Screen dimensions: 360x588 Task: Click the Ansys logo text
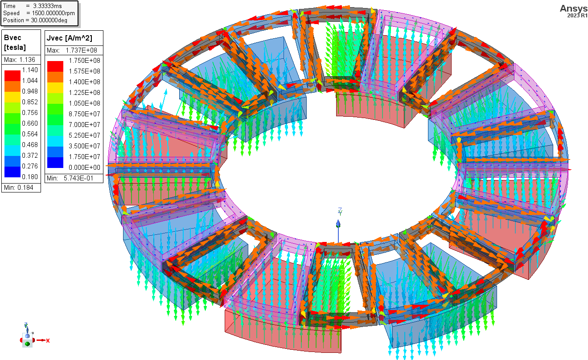point(574,8)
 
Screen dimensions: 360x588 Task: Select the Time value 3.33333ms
point(47,6)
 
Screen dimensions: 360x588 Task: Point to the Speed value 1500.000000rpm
point(50,13)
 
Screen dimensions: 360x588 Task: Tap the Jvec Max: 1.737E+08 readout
point(74,50)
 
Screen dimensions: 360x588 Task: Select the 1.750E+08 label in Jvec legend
point(84,61)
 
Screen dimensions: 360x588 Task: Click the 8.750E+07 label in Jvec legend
point(84,114)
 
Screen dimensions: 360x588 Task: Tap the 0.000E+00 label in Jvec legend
point(84,168)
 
